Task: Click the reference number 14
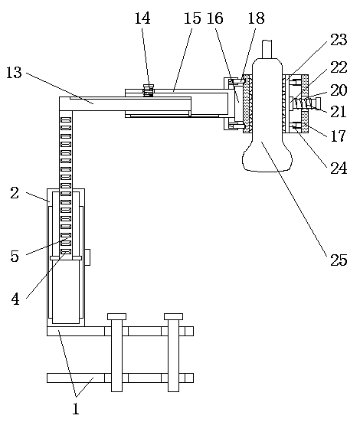coord(142,18)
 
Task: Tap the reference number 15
coord(192,18)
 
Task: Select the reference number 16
coord(215,18)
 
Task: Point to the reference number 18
coord(256,18)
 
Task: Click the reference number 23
coord(339,40)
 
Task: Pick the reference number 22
coord(339,67)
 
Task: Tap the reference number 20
coord(339,90)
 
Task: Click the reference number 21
coord(338,111)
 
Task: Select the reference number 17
coord(338,136)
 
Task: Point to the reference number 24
coord(339,168)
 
